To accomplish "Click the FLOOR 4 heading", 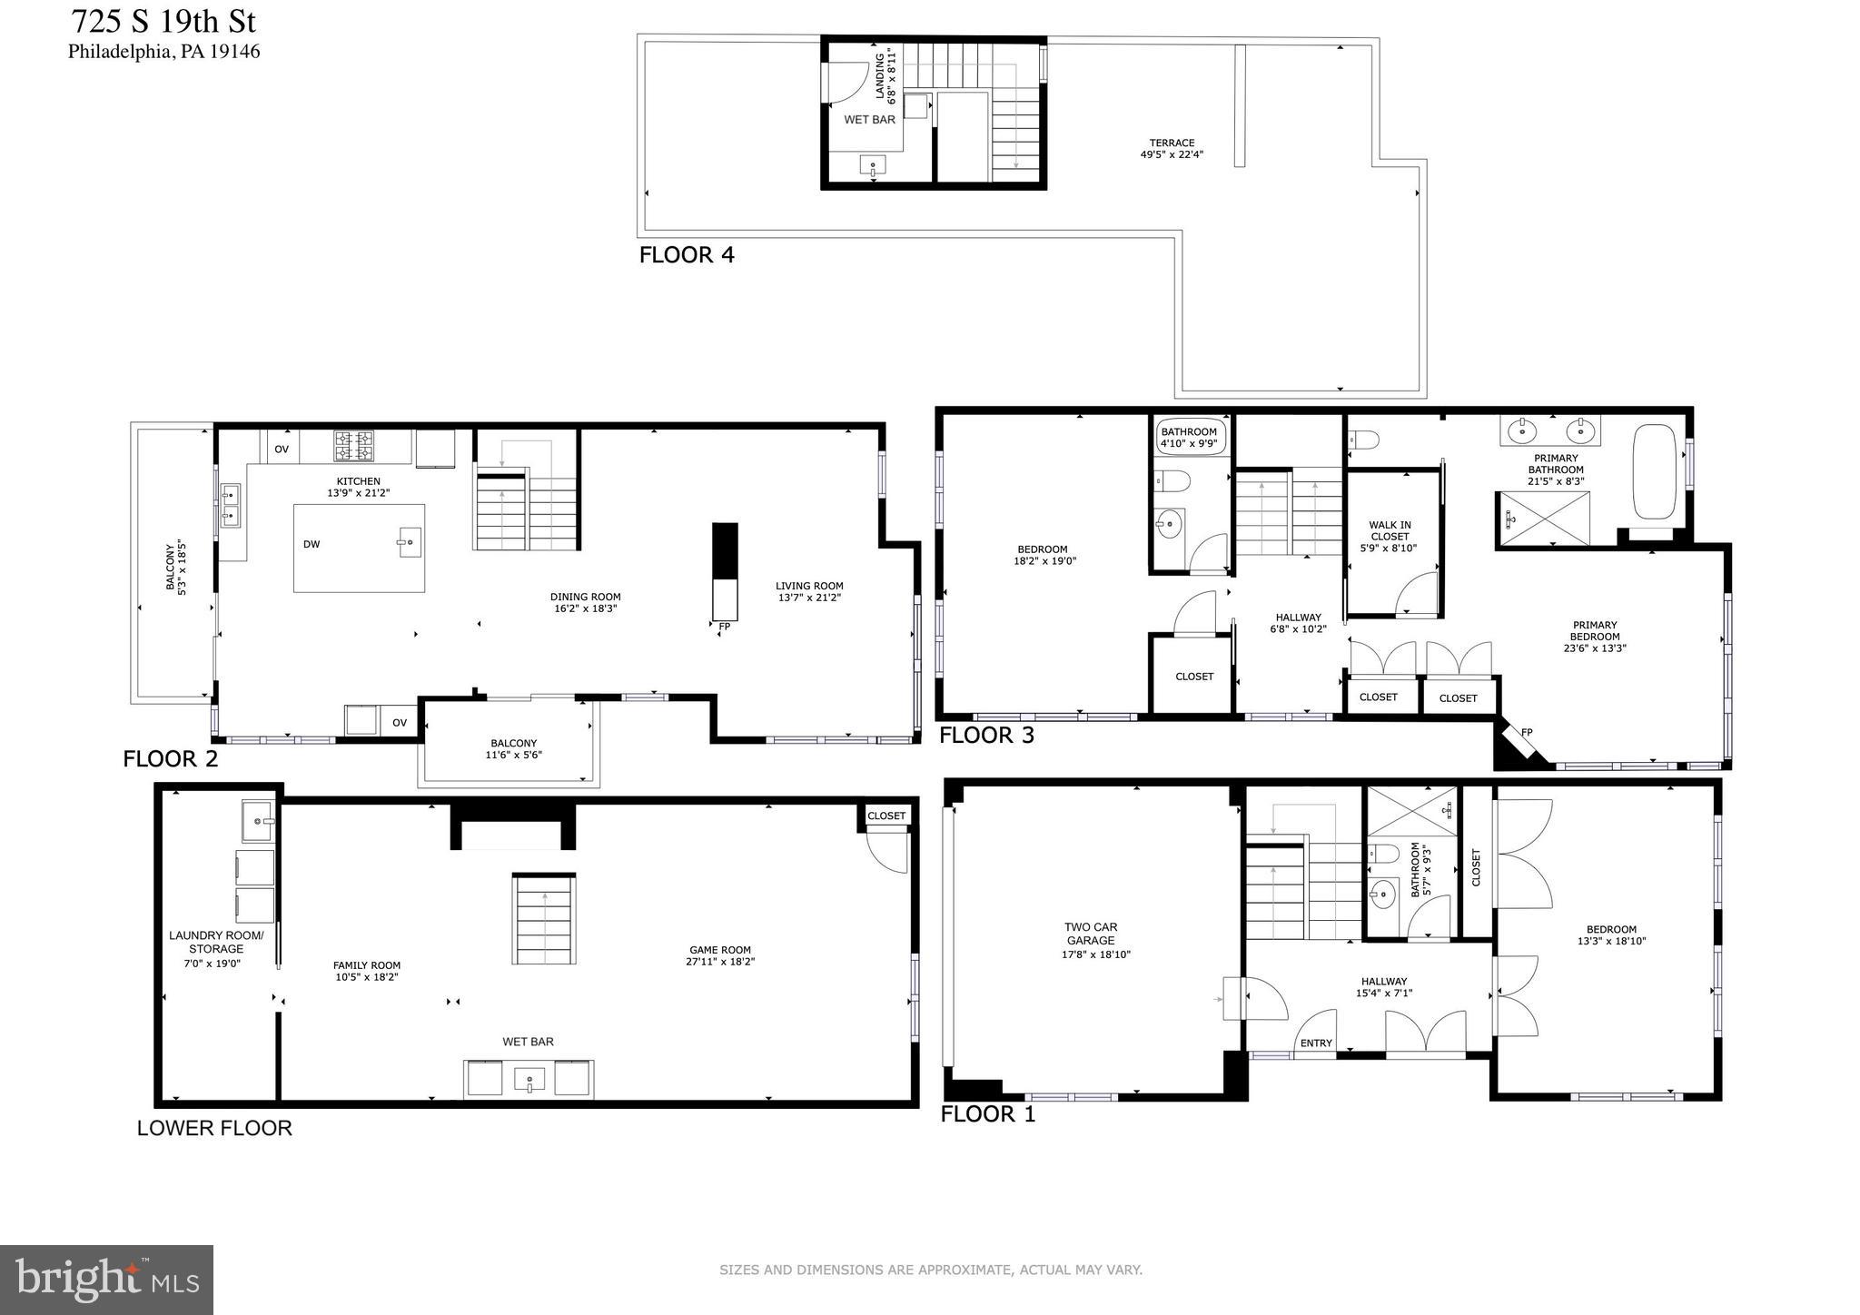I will (686, 255).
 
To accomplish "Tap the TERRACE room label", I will (1172, 149).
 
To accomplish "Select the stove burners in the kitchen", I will (353, 445).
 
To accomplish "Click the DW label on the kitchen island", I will (312, 545).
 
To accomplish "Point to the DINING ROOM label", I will (585, 603).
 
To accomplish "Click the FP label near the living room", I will (724, 627).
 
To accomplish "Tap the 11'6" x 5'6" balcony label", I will (513, 749).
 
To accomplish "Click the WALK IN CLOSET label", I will (1390, 536).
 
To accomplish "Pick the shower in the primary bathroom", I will (1543, 519).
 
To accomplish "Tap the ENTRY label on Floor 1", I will (1315, 1043).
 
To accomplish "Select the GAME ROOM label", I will (720, 955).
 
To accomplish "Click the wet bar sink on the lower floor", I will (528, 1081).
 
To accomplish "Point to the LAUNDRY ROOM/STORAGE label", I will (216, 949).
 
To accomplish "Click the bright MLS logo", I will (106, 1280).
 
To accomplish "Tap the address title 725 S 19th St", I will (163, 20).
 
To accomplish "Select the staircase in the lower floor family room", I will (544, 919).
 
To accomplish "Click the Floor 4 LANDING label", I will (885, 75).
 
